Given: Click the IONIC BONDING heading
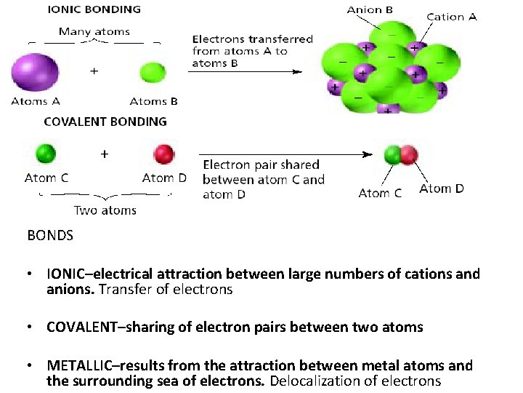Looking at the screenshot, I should pyautogui.click(x=94, y=9).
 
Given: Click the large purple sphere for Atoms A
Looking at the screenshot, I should pyautogui.click(x=34, y=73).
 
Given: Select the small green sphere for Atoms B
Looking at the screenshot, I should pyautogui.click(x=153, y=73).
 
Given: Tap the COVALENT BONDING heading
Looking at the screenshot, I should pyautogui.click(x=105, y=122).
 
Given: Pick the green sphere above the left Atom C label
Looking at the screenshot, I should pyautogui.click(x=46, y=154).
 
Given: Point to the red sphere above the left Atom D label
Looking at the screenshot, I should pyautogui.click(x=164, y=154).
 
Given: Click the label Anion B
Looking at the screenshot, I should pyautogui.click(x=370, y=9).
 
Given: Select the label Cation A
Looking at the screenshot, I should pyautogui.click(x=451, y=17).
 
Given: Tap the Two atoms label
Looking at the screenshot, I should pyautogui.click(x=105, y=211).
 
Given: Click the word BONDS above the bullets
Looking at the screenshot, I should pyautogui.click(x=50, y=236).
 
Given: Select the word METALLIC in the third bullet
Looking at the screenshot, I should pyautogui.click(x=78, y=365).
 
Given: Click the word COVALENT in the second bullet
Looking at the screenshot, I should pyautogui.click(x=83, y=327).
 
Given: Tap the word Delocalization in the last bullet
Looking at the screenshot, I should pyautogui.click(x=312, y=381).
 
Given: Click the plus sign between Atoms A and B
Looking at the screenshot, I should pyautogui.click(x=94, y=71).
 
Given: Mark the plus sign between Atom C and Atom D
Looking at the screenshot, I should pyautogui.click(x=105, y=154).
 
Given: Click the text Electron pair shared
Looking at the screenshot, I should pyautogui.click(x=261, y=165).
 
